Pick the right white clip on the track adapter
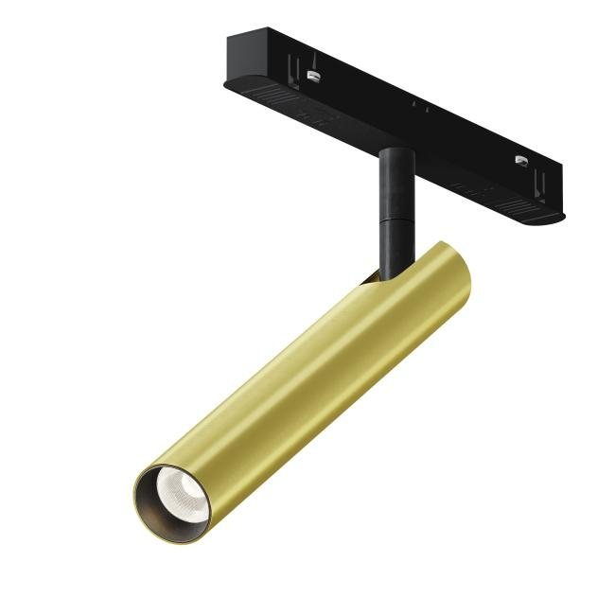[521, 161]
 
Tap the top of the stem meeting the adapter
[393, 150]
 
